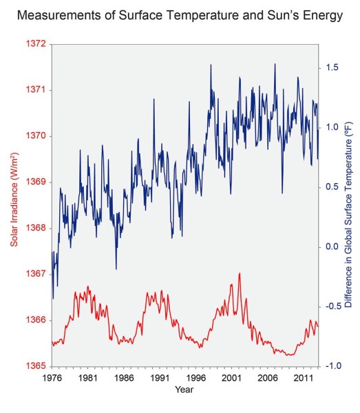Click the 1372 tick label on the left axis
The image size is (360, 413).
click(x=35, y=44)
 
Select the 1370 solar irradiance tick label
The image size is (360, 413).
click(x=35, y=136)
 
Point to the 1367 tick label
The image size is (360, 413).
click(x=35, y=274)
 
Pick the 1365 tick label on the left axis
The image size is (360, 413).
click(x=35, y=366)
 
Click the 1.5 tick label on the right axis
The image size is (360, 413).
click(x=332, y=67)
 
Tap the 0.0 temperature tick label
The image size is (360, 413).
click(x=332, y=247)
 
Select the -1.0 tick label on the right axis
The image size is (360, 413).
click(x=333, y=366)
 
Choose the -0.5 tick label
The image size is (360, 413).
click(x=333, y=306)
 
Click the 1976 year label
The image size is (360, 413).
click(x=52, y=378)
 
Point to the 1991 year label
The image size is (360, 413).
click(x=159, y=378)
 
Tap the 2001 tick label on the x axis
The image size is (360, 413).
click(x=231, y=378)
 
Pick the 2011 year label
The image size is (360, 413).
click(x=303, y=378)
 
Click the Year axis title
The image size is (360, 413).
click(x=184, y=390)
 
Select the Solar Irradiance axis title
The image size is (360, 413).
click(x=14, y=199)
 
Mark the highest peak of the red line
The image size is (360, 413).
click(x=240, y=273)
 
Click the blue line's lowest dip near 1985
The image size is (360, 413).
click(x=116, y=269)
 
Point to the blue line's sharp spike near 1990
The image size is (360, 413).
click(x=153, y=99)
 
